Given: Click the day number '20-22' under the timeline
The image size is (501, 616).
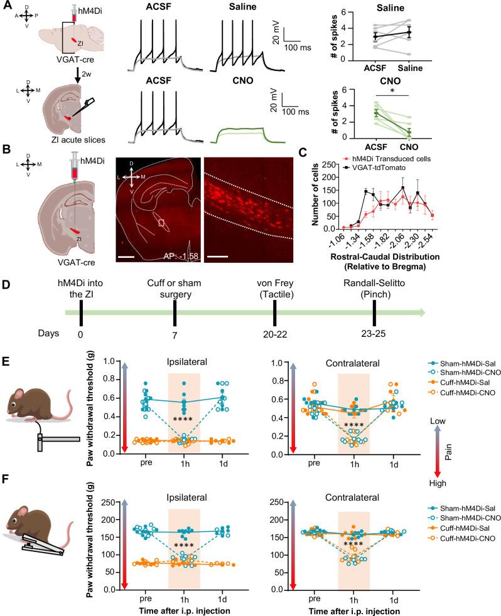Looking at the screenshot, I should (x=274, y=335).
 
